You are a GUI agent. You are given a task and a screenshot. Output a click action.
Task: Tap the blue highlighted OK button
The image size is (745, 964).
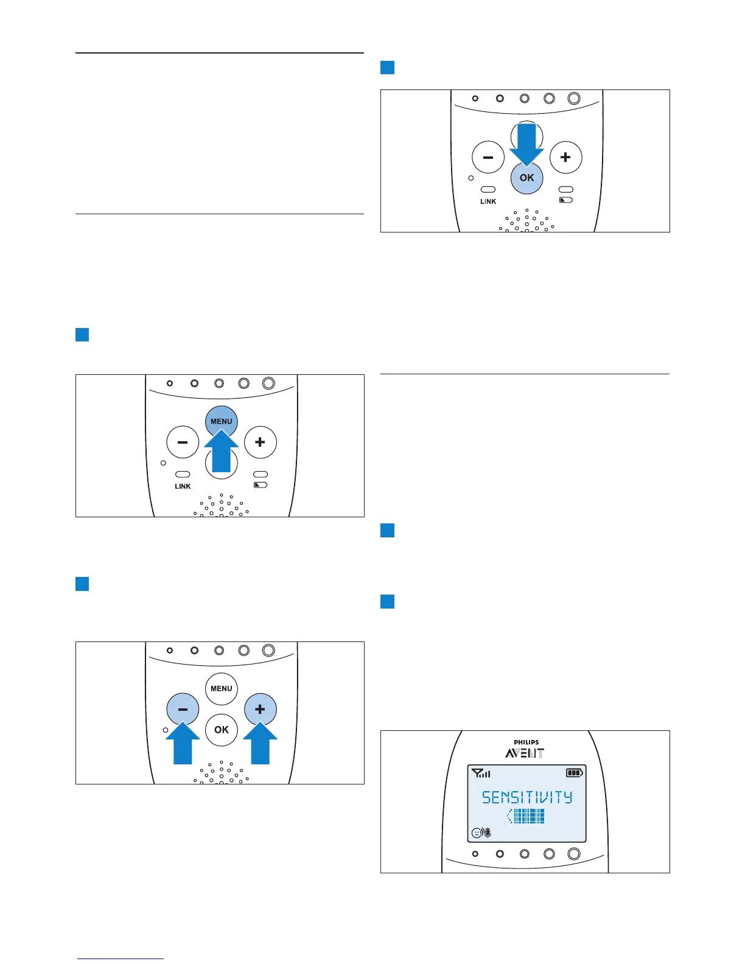(526, 178)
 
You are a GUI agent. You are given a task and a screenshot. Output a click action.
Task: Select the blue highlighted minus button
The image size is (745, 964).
(183, 709)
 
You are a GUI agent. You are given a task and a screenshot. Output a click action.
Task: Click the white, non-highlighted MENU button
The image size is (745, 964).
(221, 688)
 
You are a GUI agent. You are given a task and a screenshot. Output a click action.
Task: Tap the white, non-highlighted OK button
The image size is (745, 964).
(221, 729)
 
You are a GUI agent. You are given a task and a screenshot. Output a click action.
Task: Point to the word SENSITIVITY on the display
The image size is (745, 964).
(527, 797)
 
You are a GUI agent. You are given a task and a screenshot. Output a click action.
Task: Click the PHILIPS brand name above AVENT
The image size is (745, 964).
(526, 742)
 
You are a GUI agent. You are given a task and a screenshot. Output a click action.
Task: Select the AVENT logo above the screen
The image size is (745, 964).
(525, 753)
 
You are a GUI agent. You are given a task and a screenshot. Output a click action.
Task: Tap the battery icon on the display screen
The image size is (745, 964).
(574, 774)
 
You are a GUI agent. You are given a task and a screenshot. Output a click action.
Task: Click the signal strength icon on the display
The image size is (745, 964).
(481, 774)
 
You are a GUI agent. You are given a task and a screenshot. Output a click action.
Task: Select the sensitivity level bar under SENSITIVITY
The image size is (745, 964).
(526, 816)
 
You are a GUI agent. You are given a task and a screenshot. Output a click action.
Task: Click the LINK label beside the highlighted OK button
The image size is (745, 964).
(488, 201)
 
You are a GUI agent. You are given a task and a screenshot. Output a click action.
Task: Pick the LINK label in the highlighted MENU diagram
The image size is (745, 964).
(183, 486)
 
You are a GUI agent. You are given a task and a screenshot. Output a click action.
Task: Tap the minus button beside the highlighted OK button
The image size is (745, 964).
(488, 158)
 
